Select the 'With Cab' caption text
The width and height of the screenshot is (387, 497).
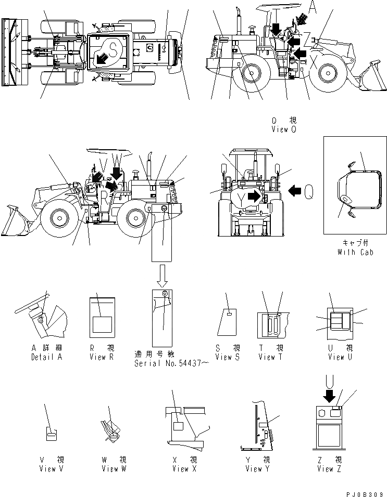click(x=353, y=252)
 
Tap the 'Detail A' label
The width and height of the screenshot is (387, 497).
click(x=41, y=357)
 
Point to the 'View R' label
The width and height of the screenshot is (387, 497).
click(x=105, y=357)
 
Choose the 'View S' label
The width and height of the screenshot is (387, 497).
click(x=228, y=357)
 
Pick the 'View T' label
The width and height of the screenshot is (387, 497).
click(x=270, y=357)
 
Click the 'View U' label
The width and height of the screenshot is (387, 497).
click(x=340, y=357)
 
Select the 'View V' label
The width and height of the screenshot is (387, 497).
click(x=52, y=469)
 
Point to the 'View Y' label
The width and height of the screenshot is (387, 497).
click(x=257, y=469)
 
